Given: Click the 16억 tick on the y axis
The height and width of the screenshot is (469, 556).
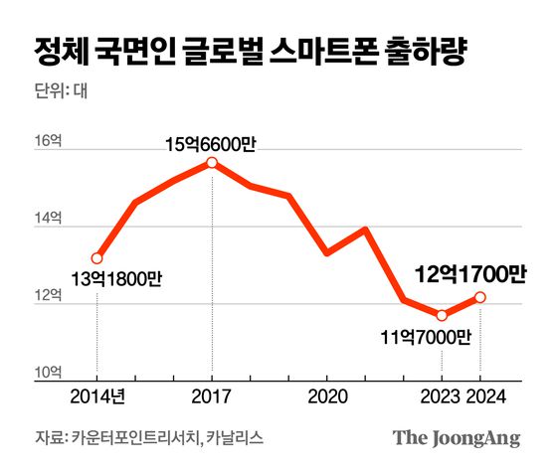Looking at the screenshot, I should tap(49, 142).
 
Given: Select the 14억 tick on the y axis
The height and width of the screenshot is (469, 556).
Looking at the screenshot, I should tap(49, 219).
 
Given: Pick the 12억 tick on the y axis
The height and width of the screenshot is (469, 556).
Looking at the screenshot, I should tap(49, 295).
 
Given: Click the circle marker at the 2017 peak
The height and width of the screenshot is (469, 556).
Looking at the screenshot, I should tap(212, 163).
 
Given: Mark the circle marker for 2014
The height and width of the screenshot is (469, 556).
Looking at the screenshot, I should tap(96, 258).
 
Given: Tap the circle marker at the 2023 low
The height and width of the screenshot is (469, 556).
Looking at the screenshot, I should tap(442, 315).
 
